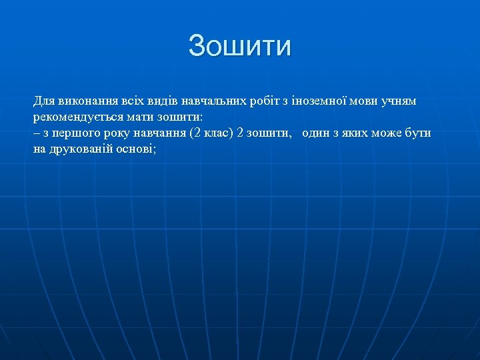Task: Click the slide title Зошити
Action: [240, 46]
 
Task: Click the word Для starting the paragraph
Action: [44, 101]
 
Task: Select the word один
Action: [317, 133]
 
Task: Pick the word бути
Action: [417, 133]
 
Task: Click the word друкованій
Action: [81, 149]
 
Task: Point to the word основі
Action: [137, 149]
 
